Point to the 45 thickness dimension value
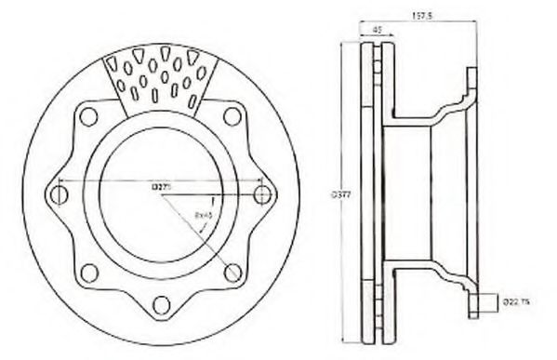377,30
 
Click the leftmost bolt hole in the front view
59,194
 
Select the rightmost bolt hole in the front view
262,194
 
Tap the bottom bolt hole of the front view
161,303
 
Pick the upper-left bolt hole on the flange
89,116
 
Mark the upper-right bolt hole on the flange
232,116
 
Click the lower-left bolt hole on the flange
89,273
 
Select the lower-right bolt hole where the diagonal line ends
232,273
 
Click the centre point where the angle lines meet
161,194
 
